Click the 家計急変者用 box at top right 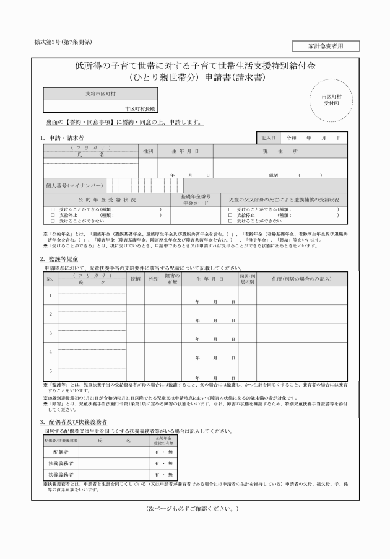[324, 46]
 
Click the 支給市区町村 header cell [100, 95]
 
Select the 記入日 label [268, 138]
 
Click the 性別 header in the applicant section [147, 151]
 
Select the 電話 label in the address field [273, 175]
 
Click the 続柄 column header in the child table [136, 279]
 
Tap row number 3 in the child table [50, 332]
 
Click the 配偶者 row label [61, 452]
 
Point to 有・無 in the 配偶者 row [163, 452]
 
